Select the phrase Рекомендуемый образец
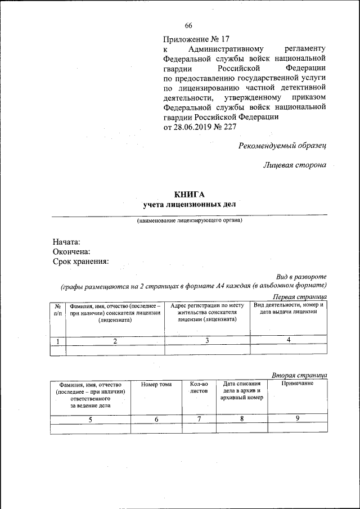tap(282, 146)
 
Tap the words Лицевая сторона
tap(295, 165)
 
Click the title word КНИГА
tap(189, 194)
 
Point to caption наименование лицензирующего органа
tap(189, 220)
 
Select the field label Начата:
tap(66, 241)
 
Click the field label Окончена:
tap(71, 251)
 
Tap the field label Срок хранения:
tap(80, 262)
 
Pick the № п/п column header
tap(58, 309)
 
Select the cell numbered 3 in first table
tap(207, 340)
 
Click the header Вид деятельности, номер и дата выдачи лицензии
tap(288, 308)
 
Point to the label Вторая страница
tap(299, 375)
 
